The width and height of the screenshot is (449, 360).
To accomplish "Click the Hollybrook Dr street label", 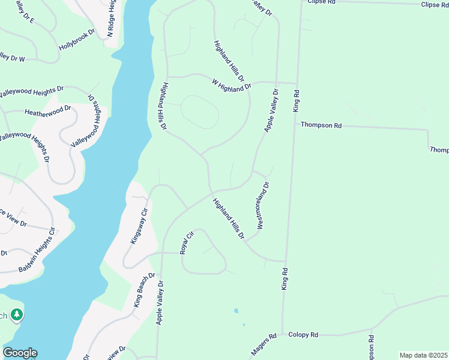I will click(x=77, y=40).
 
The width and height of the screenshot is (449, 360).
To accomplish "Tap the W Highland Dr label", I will click(x=231, y=85).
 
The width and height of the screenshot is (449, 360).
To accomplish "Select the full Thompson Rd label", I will click(x=321, y=126).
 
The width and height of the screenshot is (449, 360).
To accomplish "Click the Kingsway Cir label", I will click(x=139, y=226).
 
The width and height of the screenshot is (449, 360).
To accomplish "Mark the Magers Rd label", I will click(x=264, y=344).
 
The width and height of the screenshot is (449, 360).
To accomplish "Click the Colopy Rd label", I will click(x=303, y=335).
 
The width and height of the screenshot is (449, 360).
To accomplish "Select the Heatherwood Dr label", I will click(x=47, y=111).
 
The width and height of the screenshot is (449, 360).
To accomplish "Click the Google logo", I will click(x=20, y=353).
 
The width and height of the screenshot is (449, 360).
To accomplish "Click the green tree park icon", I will click(x=17, y=315).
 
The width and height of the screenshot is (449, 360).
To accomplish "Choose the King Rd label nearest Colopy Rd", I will click(x=285, y=279).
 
